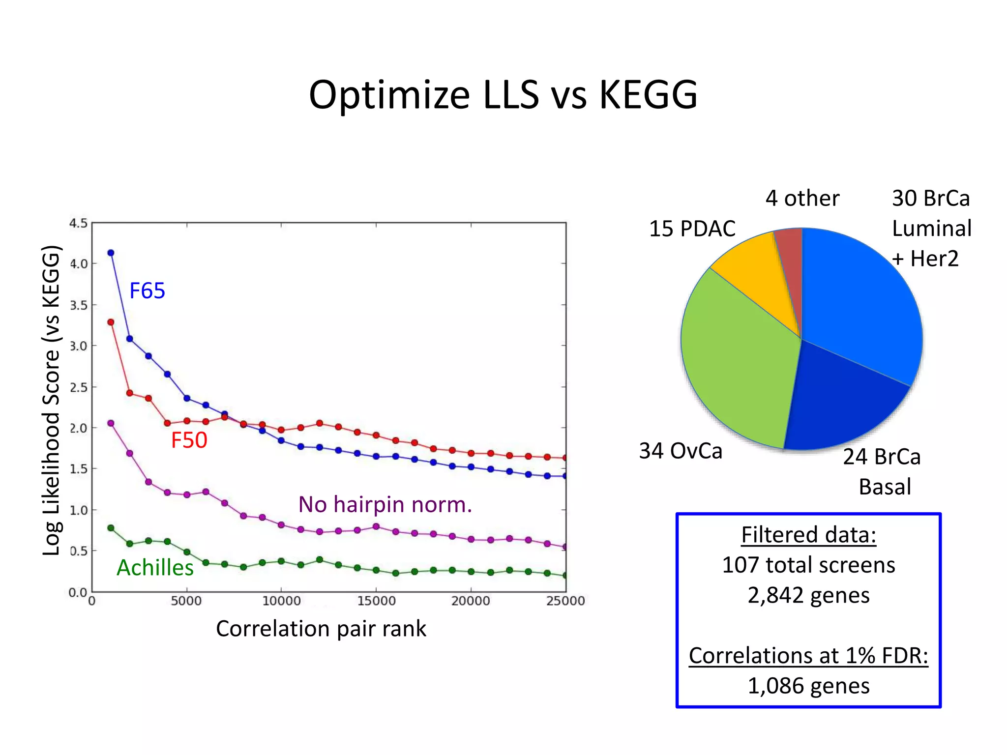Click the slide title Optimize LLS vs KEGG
point(503,95)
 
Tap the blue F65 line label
point(147,290)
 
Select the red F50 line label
point(189,440)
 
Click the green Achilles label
point(155,568)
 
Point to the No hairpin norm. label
point(385,504)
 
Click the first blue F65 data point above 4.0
point(111,253)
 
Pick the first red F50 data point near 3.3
point(111,322)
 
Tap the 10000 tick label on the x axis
point(281,601)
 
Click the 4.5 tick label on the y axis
point(78,224)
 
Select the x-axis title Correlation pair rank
point(321,629)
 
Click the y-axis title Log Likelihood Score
point(51,401)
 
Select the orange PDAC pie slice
point(757,275)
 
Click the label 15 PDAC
point(692,229)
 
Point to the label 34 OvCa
point(681,451)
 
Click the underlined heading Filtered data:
point(808,535)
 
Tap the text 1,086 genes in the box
point(808,686)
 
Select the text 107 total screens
point(808,565)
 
